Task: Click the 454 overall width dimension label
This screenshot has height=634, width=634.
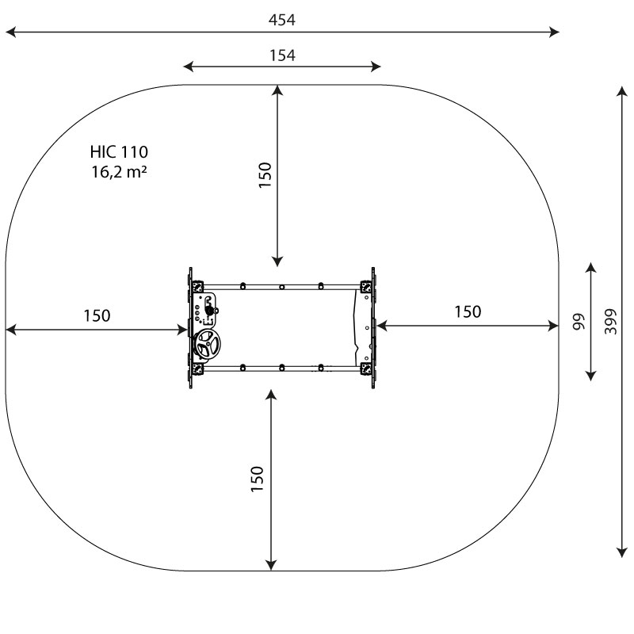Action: [282, 20]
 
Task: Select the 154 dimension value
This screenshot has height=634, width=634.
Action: [282, 55]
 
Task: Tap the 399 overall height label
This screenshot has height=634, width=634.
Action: [611, 322]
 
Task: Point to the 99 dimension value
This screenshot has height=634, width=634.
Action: [579, 322]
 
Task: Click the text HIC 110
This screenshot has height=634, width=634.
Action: [119, 152]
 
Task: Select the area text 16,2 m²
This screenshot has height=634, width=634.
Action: [119, 172]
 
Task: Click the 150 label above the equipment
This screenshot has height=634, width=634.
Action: [265, 174]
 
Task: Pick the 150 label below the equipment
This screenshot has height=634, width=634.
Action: [257, 479]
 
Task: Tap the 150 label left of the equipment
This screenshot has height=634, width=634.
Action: [97, 315]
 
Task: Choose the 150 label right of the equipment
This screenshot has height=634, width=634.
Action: [468, 311]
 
